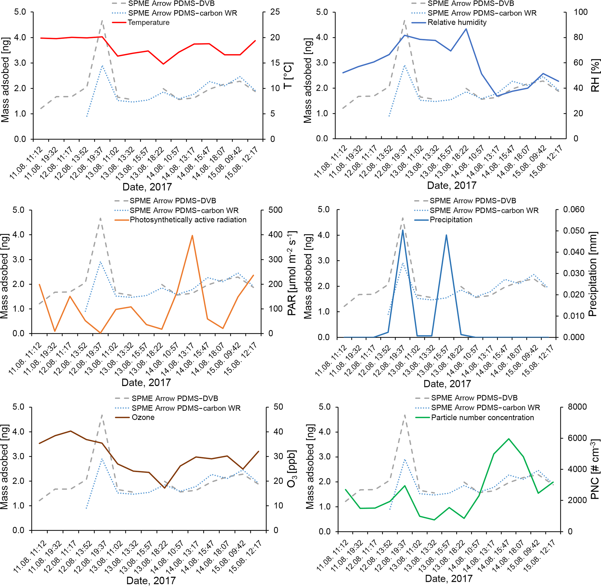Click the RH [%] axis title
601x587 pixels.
coord(595,76)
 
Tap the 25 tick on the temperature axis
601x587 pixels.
coord(275,12)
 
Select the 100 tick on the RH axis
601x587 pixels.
coord(580,12)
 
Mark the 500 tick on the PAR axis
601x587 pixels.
coord(275,210)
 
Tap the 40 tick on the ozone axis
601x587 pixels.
coord(278,432)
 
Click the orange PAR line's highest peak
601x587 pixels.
coord(192,235)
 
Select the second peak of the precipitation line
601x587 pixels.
coord(446,235)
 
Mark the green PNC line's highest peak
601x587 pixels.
coord(509,438)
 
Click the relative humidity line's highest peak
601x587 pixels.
coord(466,29)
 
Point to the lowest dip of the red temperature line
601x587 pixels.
coord(163,64)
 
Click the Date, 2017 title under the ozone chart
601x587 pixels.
coord(151,581)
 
